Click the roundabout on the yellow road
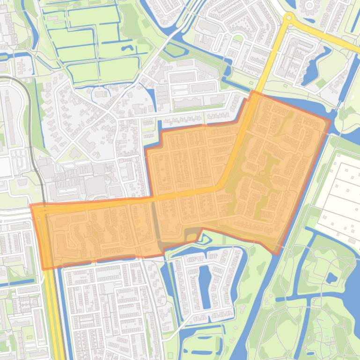point(288,18)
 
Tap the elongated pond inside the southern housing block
point(205,281)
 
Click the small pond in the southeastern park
point(331,279)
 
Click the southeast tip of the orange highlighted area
point(277,254)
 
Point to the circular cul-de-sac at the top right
point(309,5)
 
